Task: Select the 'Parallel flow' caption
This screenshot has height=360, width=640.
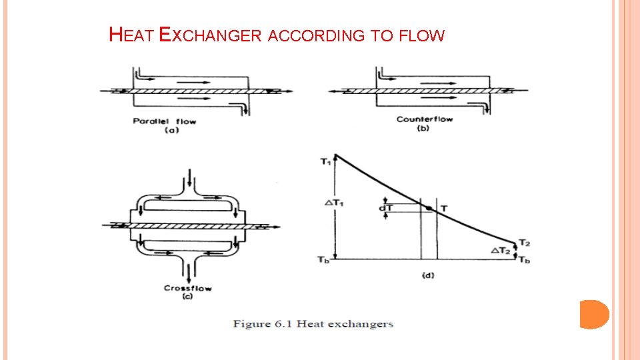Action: (164, 121)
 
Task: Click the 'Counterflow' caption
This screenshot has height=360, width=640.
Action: (424, 119)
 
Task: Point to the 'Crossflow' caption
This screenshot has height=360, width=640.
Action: (188, 288)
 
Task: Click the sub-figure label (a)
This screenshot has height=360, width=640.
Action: (171, 130)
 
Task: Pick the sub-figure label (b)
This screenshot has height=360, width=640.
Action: (423, 128)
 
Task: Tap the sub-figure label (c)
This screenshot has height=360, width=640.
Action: (187, 296)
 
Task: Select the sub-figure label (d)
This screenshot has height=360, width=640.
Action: (428, 275)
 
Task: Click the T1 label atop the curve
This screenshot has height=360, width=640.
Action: (325, 161)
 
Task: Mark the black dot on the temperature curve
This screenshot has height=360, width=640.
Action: (428, 209)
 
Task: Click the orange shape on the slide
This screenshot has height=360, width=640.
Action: (594, 314)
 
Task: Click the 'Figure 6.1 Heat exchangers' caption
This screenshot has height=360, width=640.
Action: (313, 324)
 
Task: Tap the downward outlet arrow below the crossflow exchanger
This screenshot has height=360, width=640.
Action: (189, 272)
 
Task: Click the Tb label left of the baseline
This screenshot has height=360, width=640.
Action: (323, 259)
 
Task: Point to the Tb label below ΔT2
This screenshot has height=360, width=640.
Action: (525, 259)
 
